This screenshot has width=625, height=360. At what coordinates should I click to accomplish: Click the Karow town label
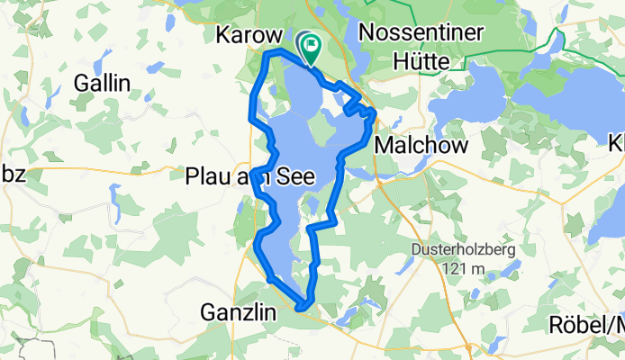244,34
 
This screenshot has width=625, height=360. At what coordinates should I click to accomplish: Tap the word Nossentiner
421,33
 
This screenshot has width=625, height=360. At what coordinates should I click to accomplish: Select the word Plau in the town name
208,177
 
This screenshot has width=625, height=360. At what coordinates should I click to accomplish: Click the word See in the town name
295,177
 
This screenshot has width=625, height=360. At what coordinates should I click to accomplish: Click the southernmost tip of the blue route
303,307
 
